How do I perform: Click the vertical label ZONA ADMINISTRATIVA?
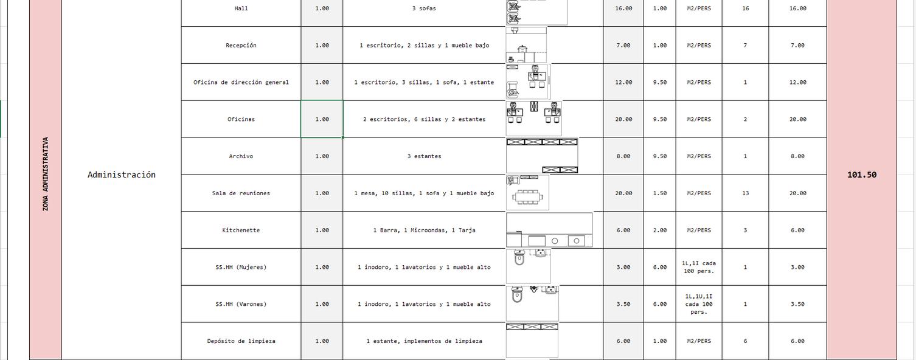(x=46, y=174)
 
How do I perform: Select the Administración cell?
(x=122, y=175)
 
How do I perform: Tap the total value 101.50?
(x=861, y=175)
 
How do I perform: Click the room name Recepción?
(x=241, y=46)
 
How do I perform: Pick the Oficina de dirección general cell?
(x=241, y=82)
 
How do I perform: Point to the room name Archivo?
(x=241, y=156)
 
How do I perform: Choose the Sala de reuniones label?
(x=241, y=193)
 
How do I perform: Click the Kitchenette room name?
(x=241, y=230)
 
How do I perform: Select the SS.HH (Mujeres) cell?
(x=241, y=268)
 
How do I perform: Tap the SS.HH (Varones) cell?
(x=241, y=304)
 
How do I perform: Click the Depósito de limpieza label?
(x=241, y=341)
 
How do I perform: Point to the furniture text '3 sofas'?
(x=424, y=9)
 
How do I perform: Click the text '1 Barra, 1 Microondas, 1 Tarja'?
(x=424, y=230)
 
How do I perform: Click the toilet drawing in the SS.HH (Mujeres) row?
(x=519, y=258)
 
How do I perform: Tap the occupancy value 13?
(x=745, y=193)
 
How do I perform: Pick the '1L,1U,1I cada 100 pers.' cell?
(x=699, y=304)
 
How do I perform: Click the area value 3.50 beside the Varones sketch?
(x=623, y=304)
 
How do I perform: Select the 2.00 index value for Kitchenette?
(x=659, y=230)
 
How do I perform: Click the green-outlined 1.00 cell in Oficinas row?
(x=322, y=119)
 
